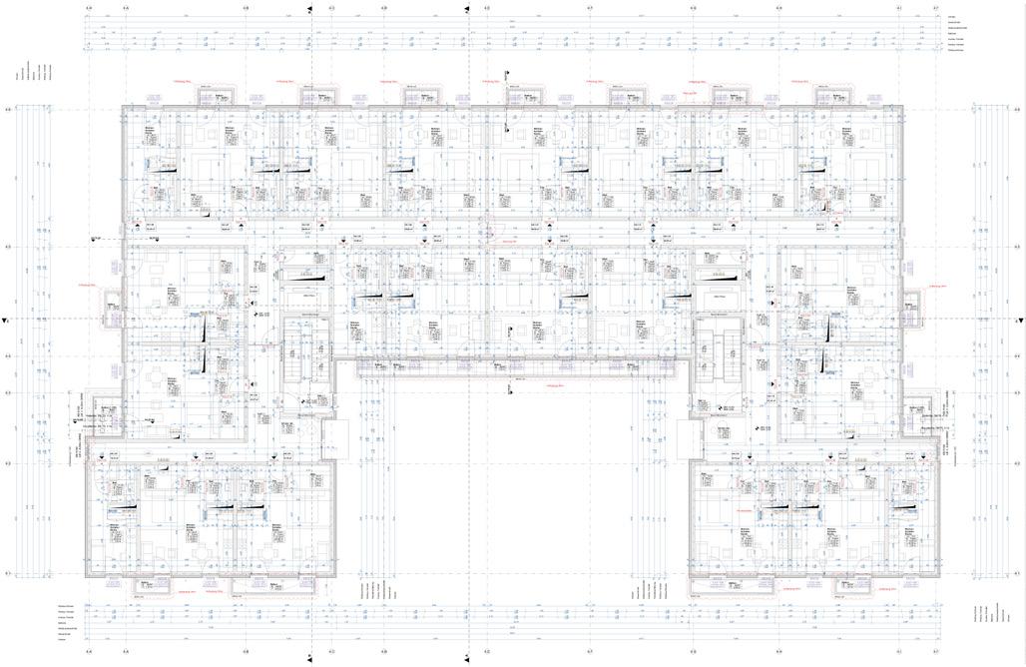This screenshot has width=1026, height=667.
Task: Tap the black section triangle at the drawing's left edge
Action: pos(6,322)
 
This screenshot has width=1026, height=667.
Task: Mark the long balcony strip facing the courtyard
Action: pos(512,370)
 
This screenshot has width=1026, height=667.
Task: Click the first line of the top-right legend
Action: pos(952,17)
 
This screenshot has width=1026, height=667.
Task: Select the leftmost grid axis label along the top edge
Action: pos(88,8)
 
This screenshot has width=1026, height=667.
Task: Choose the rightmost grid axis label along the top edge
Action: pos(935,8)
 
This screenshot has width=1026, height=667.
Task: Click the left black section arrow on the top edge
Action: pos(311,8)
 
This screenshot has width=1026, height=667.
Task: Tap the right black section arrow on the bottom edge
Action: pos(467,657)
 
